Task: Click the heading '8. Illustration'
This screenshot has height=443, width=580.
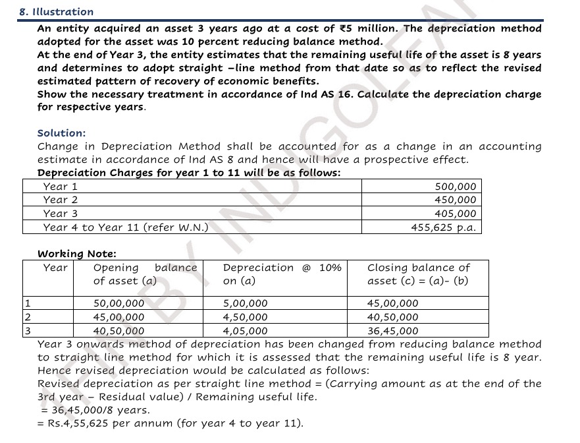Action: [x=57, y=12]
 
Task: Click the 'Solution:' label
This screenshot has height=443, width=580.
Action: [x=61, y=133]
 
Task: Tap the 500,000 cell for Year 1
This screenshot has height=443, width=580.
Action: [x=455, y=187]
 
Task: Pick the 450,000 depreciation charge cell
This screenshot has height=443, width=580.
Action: [x=455, y=200]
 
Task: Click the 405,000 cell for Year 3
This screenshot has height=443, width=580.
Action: [x=455, y=214]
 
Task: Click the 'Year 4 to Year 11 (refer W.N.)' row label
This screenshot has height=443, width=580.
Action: [x=126, y=227]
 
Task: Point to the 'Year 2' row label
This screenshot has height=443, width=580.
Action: [x=61, y=200]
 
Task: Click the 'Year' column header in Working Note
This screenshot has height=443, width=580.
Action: [x=55, y=268]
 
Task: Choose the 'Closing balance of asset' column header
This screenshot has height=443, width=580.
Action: [x=418, y=274]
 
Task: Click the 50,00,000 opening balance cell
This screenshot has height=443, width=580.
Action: [x=119, y=304]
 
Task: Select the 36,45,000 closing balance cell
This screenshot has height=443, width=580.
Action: [x=392, y=331]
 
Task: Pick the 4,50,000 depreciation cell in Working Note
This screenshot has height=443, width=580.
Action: [x=246, y=317]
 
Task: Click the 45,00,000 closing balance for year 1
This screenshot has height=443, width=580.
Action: [x=392, y=304]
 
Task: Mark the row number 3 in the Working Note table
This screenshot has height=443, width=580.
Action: [x=26, y=331]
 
